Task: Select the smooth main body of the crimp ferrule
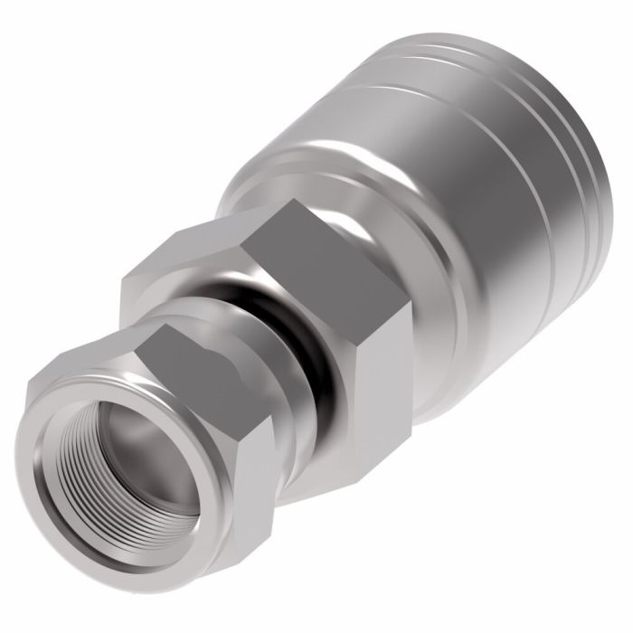click(x=452, y=181)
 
